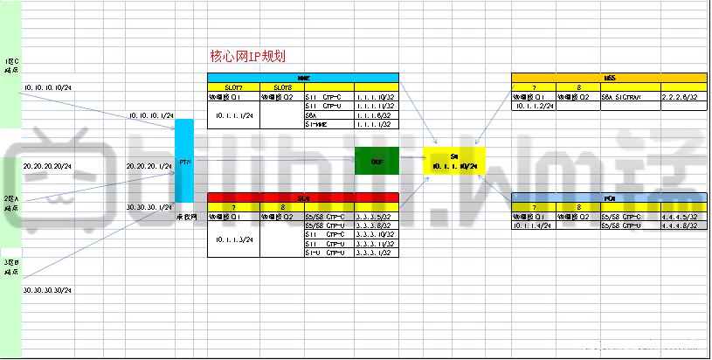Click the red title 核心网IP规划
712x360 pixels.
pos(247,57)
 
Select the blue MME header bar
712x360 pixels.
pos(302,78)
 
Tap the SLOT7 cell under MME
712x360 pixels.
pos(233,87)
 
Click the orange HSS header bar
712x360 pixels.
pos(609,78)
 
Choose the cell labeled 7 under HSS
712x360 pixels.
pos(535,87)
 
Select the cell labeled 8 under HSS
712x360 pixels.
pos(579,87)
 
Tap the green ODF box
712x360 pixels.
pos(377,161)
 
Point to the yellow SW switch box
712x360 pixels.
pos(453,161)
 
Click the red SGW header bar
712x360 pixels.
pos(302,198)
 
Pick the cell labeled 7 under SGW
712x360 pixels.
pos(233,207)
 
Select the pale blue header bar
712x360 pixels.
pos(609,198)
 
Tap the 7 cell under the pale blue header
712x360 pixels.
pos(535,207)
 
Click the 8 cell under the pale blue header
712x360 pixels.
pos(579,207)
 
